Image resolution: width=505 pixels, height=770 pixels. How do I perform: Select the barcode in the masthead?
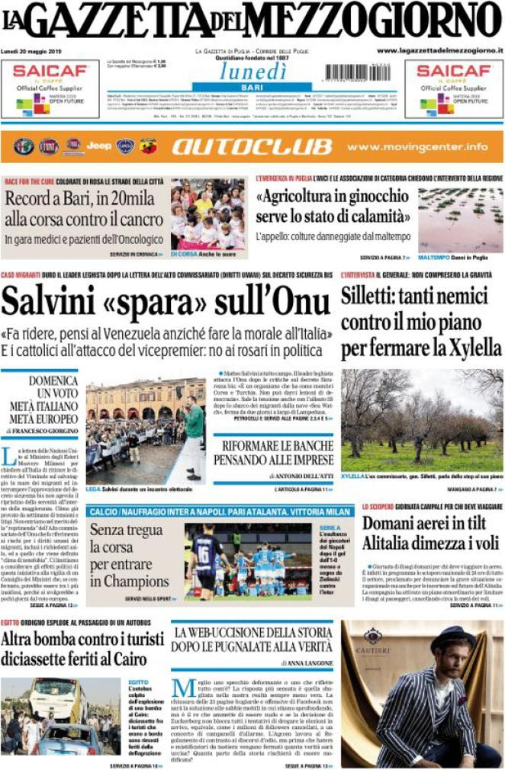click(x=357, y=72)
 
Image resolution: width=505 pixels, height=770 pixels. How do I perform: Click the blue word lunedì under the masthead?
click(x=253, y=70)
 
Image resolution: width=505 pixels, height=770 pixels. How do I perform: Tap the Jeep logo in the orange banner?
click(x=98, y=146)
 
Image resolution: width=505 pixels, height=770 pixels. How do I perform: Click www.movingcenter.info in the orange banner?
click(x=417, y=146)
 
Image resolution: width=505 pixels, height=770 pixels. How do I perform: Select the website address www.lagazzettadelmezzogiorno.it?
click(x=440, y=50)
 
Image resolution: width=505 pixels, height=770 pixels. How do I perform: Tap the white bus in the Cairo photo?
click(x=56, y=698)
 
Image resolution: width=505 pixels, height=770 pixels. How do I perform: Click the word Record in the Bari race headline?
click(x=35, y=201)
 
